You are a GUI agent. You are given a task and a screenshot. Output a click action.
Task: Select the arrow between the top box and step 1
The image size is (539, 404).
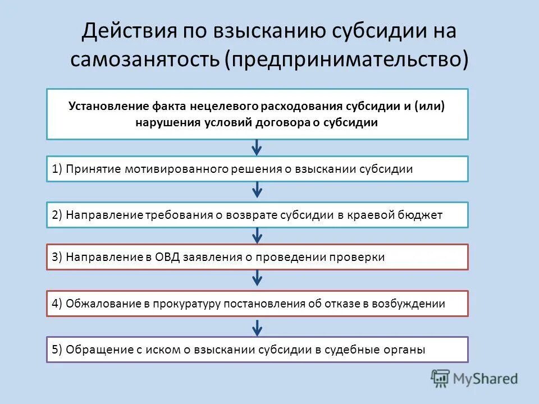click(x=257, y=148)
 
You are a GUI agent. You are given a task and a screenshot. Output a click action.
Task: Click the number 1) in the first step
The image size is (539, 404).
click(x=57, y=169)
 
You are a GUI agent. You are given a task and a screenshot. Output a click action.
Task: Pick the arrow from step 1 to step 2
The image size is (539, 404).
click(x=257, y=190)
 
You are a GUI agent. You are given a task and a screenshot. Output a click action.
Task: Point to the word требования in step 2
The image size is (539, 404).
click(x=179, y=215)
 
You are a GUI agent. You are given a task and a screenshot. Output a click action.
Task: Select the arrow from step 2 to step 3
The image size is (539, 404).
click(x=257, y=236)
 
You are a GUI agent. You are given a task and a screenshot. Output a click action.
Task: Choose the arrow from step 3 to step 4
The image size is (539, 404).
click(x=257, y=277)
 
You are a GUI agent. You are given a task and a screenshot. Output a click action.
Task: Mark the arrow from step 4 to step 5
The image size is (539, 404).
click(x=257, y=327)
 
